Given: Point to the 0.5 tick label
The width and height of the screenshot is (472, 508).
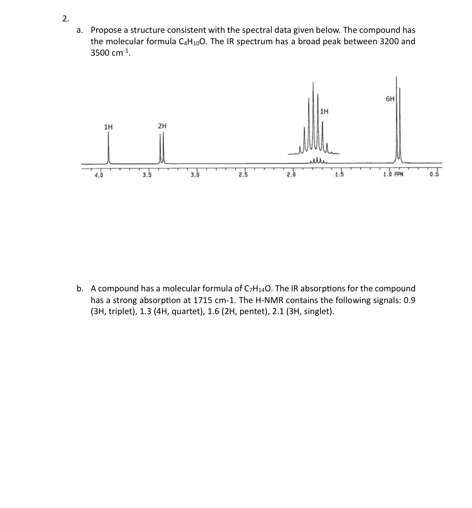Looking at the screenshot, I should (x=434, y=175).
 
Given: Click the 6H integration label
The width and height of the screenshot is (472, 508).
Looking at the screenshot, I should (x=390, y=99).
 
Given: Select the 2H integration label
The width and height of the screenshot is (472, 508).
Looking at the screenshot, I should (x=162, y=126).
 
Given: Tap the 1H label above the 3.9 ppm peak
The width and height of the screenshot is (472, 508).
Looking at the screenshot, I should (x=108, y=127).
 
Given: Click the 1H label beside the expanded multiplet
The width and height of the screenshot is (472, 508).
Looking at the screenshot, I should (x=324, y=112).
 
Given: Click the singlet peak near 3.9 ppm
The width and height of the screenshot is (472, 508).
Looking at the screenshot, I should (x=108, y=149).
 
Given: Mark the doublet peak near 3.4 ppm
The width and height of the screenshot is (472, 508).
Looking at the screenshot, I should (x=162, y=149).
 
